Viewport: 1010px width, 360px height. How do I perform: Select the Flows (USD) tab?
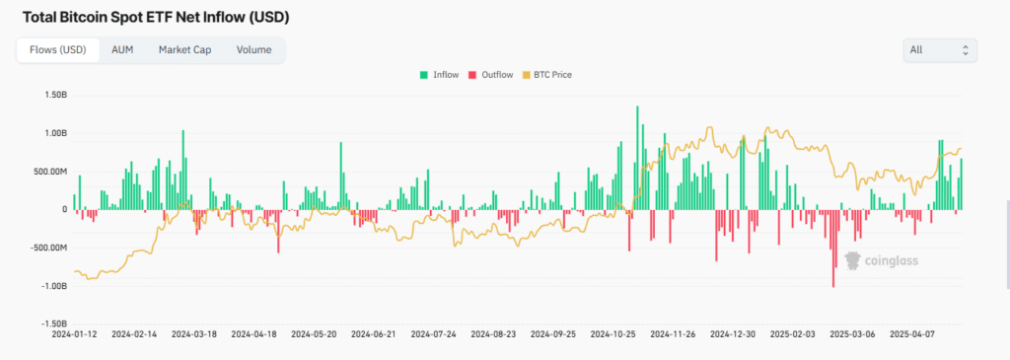58,50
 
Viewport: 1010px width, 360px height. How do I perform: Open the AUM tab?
122,50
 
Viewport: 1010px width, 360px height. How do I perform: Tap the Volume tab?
253,50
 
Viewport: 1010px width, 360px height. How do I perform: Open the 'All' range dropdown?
940,49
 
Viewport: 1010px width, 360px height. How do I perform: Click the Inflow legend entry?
439,75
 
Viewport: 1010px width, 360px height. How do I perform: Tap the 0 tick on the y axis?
64,209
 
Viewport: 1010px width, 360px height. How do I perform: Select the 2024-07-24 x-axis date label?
434,334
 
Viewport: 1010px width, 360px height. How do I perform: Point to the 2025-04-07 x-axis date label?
913,334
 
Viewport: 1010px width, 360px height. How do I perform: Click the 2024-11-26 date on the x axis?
674,334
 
